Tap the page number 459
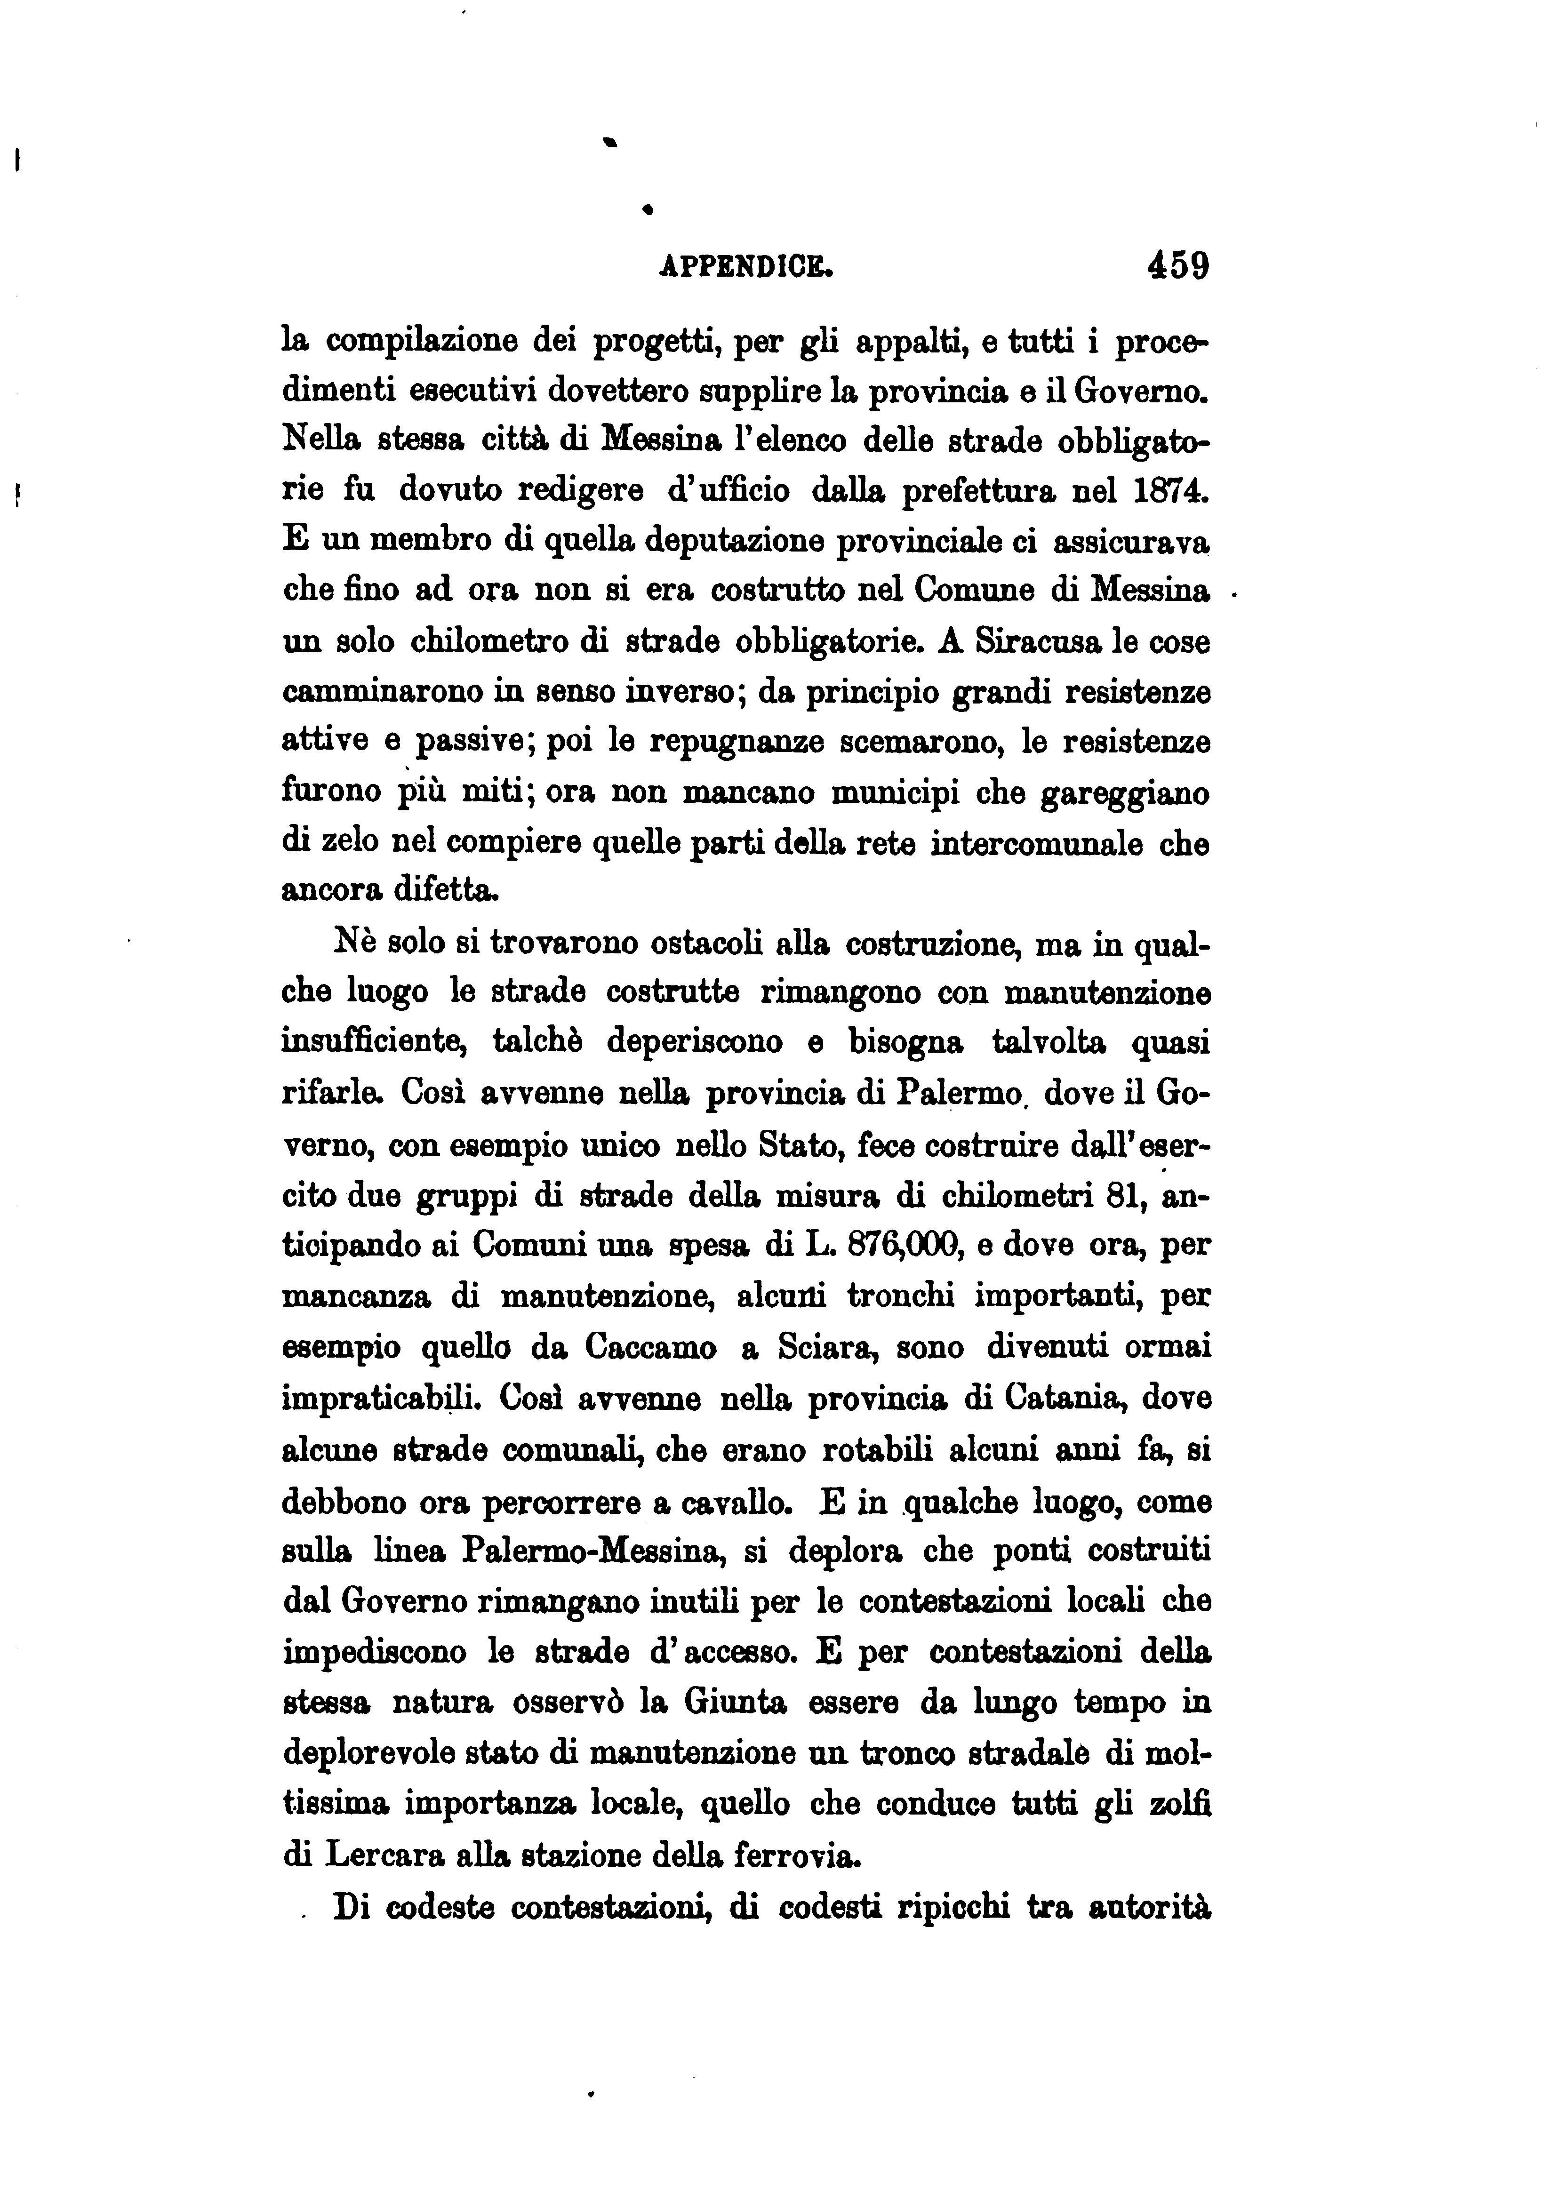click(1177, 265)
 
